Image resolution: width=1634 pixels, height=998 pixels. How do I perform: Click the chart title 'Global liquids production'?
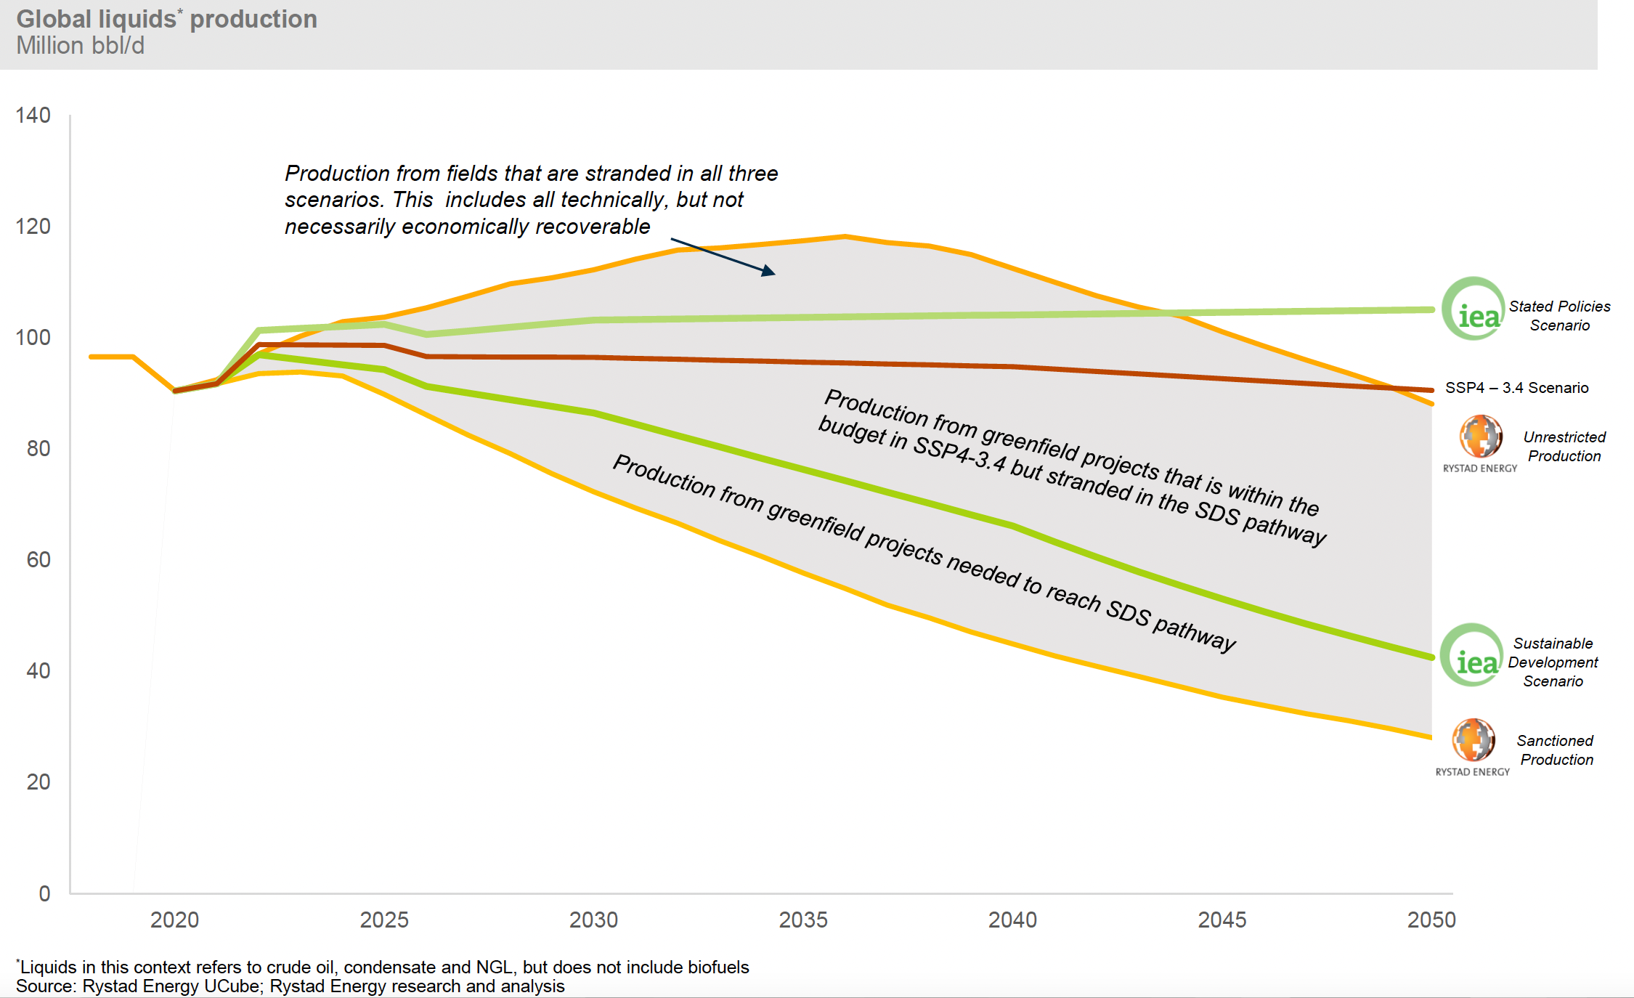(166, 19)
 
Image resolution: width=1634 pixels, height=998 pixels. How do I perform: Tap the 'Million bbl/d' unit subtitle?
(80, 46)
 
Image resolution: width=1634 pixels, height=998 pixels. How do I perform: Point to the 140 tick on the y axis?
(33, 115)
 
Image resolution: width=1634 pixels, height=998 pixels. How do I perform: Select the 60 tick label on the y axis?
(38, 560)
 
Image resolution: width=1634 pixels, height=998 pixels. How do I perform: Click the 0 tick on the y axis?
(44, 893)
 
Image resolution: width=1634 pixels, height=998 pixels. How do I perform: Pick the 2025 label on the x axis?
(384, 920)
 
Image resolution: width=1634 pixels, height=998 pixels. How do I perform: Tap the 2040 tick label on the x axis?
(1012, 920)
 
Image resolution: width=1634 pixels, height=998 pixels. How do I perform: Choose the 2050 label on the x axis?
(1431, 920)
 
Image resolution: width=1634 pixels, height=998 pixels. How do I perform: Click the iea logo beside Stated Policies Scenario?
(1474, 309)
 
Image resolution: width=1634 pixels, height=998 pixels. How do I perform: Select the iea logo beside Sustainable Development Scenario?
(1472, 656)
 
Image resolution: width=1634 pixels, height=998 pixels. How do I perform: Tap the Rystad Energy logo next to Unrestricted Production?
(1481, 437)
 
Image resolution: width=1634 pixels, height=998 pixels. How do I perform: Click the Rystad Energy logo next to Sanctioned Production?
(1474, 740)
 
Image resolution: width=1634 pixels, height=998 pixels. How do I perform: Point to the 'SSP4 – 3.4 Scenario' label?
(1516, 388)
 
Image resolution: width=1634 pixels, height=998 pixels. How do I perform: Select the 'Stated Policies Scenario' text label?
(1559, 316)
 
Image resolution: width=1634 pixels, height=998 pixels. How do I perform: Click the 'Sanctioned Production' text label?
(1556, 750)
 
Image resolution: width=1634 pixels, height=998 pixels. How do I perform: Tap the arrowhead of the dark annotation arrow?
(769, 272)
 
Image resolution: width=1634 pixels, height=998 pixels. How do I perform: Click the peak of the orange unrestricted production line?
(845, 236)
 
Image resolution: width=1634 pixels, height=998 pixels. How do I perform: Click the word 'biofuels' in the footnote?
(718, 967)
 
